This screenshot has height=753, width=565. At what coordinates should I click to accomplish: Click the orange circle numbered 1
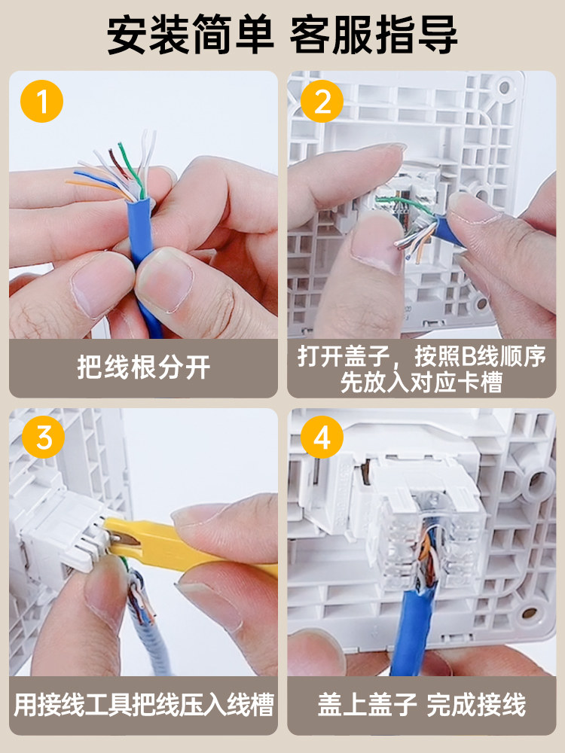pyautogui.click(x=41, y=102)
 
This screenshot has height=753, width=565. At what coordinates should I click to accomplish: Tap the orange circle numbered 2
pyautogui.click(x=322, y=102)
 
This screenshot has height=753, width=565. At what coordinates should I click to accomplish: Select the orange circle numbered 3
pyautogui.click(x=43, y=437)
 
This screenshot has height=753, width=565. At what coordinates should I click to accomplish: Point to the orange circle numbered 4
pyautogui.click(x=322, y=437)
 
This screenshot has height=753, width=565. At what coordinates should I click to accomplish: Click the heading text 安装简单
pyautogui.click(x=191, y=35)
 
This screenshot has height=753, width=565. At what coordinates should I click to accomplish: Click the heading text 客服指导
pyautogui.click(x=374, y=35)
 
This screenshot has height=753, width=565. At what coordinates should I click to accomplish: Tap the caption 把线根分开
pyautogui.click(x=144, y=368)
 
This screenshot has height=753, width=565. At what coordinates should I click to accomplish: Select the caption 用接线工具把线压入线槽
pyautogui.click(x=144, y=705)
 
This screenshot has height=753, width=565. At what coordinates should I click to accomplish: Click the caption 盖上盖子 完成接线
pyautogui.click(x=422, y=705)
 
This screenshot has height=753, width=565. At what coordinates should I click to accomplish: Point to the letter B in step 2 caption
pyautogui.click(x=468, y=356)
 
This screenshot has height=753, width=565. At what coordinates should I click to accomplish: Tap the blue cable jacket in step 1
pyautogui.click(x=142, y=259)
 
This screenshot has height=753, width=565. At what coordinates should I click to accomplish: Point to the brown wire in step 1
pyautogui.click(x=118, y=165)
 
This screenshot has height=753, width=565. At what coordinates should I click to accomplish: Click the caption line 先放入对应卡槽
pyautogui.click(x=421, y=383)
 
